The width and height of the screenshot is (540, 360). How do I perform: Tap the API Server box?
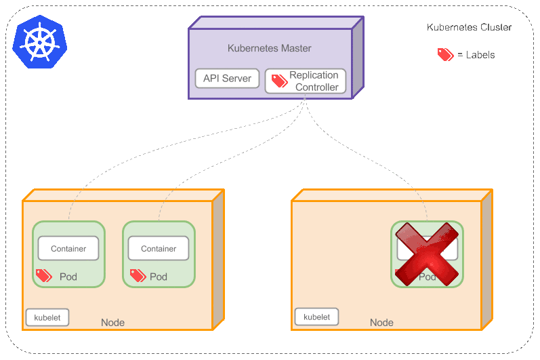tap(227, 79)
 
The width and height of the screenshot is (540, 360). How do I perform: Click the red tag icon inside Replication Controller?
tap(279, 81)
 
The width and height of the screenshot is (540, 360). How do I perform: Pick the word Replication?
tap(314, 75)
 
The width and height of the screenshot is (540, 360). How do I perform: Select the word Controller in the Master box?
tap(317, 87)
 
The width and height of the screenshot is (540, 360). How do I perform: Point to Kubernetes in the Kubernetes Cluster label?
tap(451, 28)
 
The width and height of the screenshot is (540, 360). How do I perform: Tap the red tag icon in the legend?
tap(445, 55)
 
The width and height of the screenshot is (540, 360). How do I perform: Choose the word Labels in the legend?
tap(480, 55)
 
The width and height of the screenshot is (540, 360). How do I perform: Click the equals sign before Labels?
tap(460, 55)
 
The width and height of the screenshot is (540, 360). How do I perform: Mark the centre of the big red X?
tap(428, 254)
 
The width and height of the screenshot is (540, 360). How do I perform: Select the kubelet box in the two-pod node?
tap(47, 317)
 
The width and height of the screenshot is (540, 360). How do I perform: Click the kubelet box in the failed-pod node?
tap(316, 317)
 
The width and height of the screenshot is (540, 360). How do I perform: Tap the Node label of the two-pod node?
tap(112, 323)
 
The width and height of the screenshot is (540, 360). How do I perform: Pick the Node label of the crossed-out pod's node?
tap(381, 323)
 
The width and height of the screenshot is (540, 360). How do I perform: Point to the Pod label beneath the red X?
tap(428, 277)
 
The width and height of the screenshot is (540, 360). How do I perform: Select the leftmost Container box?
tap(68, 249)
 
